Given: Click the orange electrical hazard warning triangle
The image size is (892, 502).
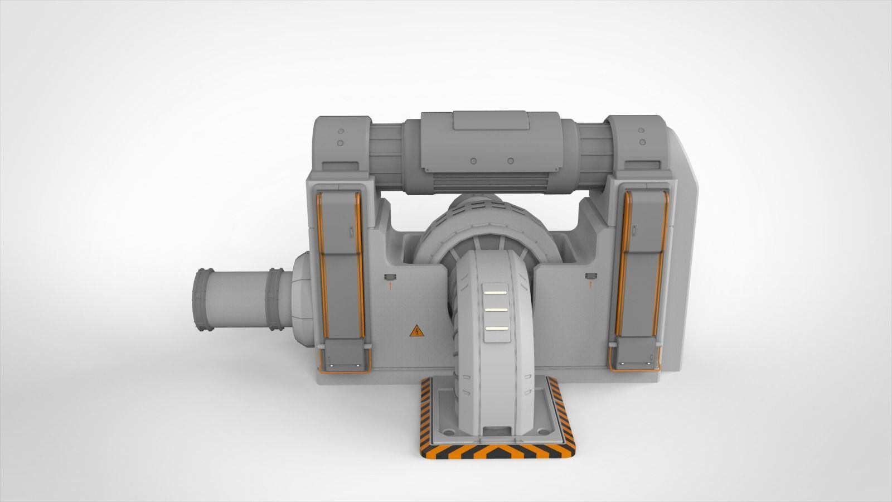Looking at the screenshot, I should [416, 332].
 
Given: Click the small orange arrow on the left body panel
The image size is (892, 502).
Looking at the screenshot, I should [390, 287].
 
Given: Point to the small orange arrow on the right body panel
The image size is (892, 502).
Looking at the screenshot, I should [590, 285].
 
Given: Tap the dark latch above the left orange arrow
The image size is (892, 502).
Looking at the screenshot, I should [390, 277].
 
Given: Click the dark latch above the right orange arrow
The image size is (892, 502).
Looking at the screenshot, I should [590, 276].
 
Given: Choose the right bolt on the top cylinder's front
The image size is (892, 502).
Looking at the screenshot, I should [510, 161].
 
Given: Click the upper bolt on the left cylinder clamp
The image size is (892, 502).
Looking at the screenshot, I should [340, 133].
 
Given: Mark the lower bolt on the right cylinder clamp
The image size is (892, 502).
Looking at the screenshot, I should [641, 142].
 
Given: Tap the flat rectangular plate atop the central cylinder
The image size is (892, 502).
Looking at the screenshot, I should [491, 120].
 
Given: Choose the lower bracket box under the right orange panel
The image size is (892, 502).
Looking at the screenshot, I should [635, 355].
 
